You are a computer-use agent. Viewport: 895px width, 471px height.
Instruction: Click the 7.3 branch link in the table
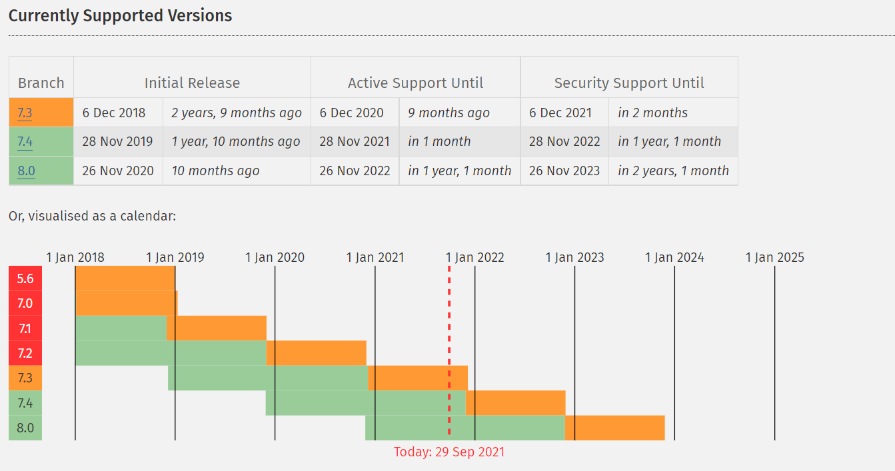25,113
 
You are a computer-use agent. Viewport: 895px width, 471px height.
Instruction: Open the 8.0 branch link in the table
27,171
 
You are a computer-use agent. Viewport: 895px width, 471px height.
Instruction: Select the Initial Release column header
192,83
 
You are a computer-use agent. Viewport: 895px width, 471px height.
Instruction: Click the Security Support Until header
629,83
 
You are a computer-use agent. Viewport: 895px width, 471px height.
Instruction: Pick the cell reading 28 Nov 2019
117,141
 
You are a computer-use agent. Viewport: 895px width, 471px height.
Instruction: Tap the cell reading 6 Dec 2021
560,113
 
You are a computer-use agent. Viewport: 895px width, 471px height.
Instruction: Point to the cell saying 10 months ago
215,171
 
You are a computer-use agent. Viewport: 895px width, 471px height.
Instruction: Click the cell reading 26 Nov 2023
564,171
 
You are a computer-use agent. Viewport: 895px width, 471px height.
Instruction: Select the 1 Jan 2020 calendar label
275,257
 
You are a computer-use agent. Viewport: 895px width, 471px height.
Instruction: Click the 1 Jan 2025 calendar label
775,257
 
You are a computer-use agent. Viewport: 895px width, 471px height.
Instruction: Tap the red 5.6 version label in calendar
25,278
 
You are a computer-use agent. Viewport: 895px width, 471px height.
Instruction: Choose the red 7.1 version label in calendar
25,328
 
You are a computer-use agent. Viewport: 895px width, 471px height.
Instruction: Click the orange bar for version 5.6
125,278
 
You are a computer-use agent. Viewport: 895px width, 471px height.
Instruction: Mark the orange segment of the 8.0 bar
615,428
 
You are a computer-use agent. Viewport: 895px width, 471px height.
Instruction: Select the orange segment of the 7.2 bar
316,353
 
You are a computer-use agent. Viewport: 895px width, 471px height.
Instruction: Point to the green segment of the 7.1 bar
121,328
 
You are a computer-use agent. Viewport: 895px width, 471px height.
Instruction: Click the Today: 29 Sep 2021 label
449,452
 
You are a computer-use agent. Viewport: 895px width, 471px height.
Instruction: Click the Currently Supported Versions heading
120,16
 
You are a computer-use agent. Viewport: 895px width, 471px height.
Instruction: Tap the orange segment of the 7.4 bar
515,403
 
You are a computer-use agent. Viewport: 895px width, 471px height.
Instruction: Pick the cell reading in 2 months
652,113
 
